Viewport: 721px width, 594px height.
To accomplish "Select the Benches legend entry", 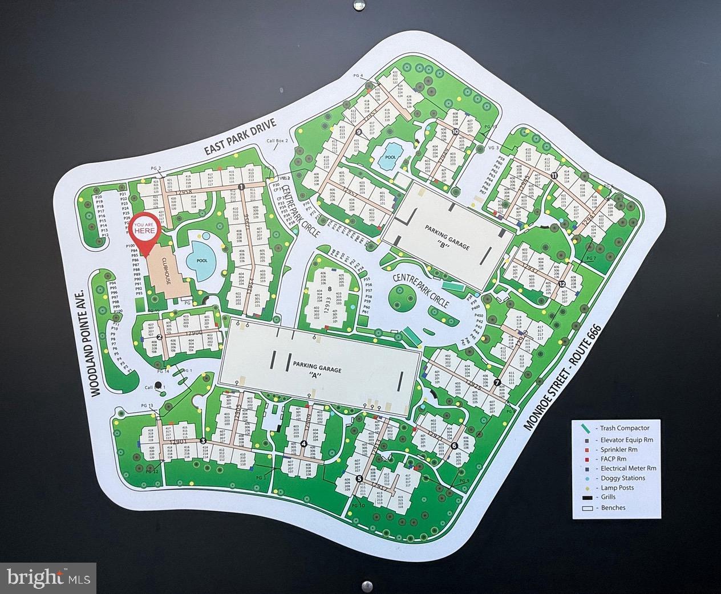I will pyautogui.click(x=614, y=508).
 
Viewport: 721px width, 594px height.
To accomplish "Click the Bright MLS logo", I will pyautogui.click(x=48, y=576).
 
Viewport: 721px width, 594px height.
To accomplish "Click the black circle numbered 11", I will pyautogui.click(x=554, y=176).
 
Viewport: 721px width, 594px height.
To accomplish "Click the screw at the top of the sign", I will pyautogui.click(x=358, y=6).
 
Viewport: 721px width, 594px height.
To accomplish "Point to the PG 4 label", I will pyautogui.click(x=358, y=76).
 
